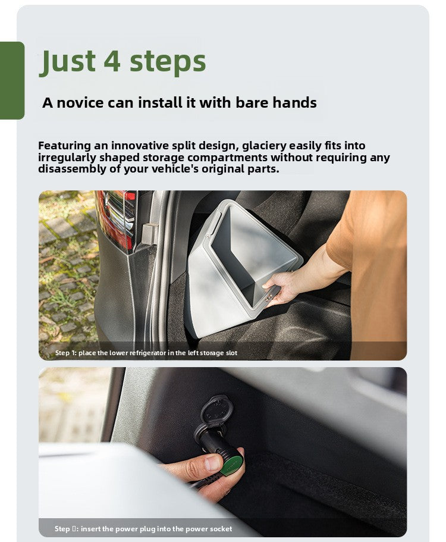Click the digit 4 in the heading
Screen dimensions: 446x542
pos(112,61)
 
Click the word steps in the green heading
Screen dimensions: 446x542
pos(168,62)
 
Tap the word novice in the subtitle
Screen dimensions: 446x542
pos(80,103)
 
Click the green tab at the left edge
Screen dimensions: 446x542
pos(12,80)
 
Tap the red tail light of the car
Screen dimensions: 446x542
pos(116,220)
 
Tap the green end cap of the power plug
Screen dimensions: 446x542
pos(233,465)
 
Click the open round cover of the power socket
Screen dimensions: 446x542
pos(216,411)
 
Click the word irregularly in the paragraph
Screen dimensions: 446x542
pos(67,158)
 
